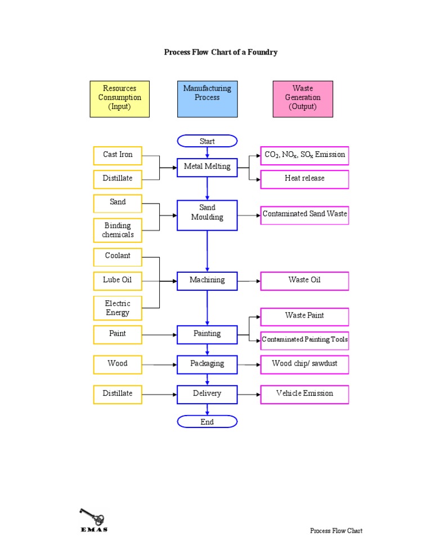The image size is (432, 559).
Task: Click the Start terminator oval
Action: pos(207,141)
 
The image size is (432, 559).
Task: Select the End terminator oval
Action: pos(207,422)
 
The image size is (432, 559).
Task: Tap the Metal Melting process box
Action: pos(207,166)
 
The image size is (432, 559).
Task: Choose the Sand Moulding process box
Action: pos(207,215)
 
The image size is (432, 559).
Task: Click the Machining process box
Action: pos(207,280)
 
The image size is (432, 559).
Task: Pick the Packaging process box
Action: pos(207,364)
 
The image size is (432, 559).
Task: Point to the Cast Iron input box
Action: pos(118,155)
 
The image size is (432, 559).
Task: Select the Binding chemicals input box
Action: pos(118,230)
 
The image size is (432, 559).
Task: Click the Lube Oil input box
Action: pos(118,280)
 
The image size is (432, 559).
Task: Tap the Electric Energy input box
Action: pos(118,308)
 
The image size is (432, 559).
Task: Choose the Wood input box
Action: pos(118,364)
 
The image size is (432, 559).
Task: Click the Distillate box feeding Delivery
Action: pos(118,394)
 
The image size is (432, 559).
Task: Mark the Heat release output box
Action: pos(304,179)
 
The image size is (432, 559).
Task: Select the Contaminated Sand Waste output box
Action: pos(304,214)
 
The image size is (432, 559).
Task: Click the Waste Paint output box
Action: pos(304,316)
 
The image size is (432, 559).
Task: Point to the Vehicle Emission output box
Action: pos(304,394)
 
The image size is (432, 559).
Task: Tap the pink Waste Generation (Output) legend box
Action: pos(303,98)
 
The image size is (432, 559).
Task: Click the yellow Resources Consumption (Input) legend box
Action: pos(120,98)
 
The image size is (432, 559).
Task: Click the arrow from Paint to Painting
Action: pos(160,335)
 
